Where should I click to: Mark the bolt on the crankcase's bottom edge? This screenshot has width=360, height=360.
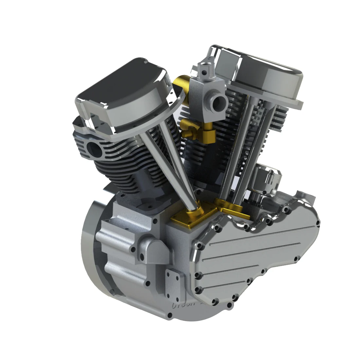click(170, 316)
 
